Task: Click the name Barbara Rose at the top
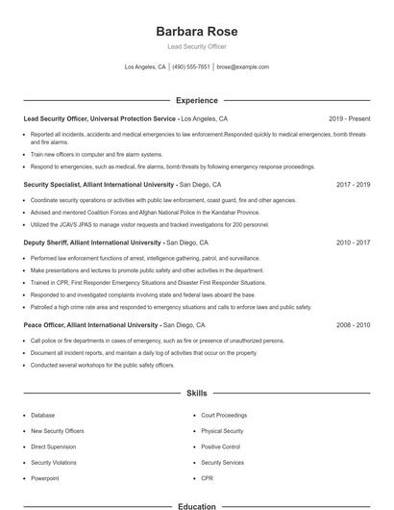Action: point(196,32)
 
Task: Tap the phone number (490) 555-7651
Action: point(191,67)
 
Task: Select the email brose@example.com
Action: point(242,67)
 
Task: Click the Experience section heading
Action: point(196,100)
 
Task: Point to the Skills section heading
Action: point(196,394)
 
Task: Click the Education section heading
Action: point(196,505)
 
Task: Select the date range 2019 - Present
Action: point(349,119)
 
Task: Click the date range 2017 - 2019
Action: point(352,184)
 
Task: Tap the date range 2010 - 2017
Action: point(352,243)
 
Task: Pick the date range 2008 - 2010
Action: point(352,326)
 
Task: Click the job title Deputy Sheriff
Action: point(45,243)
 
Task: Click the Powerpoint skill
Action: point(45,478)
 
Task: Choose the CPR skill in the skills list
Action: point(207,478)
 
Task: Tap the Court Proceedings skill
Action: point(224,416)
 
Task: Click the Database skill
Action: point(43,416)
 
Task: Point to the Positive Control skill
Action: point(220,446)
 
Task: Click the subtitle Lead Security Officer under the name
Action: point(196,47)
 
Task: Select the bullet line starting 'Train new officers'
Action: point(96,154)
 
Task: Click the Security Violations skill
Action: point(55,463)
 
